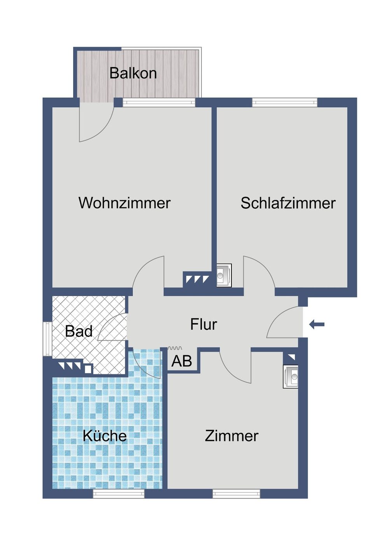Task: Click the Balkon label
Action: tap(133, 73)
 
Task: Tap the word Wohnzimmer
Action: tap(124, 203)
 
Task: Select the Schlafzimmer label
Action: tap(288, 203)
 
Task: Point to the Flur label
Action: tap(203, 324)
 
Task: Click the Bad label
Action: tap(79, 331)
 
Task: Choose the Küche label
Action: tap(105, 436)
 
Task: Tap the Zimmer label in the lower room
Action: tap(231, 436)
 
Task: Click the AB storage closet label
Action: tap(182, 361)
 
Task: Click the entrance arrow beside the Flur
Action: tap(317, 324)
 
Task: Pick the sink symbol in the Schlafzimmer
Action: tap(224, 276)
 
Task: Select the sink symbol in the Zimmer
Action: tap(291, 377)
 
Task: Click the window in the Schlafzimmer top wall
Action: tap(285, 103)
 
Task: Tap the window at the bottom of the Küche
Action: tap(119, 494)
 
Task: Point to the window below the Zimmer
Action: tap(236, 494)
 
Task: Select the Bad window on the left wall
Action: tap(47, 339)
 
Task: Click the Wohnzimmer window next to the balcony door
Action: tap(159, 103)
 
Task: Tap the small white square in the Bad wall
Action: tap(88, 369)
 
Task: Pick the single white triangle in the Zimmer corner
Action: tap(292, 357)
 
